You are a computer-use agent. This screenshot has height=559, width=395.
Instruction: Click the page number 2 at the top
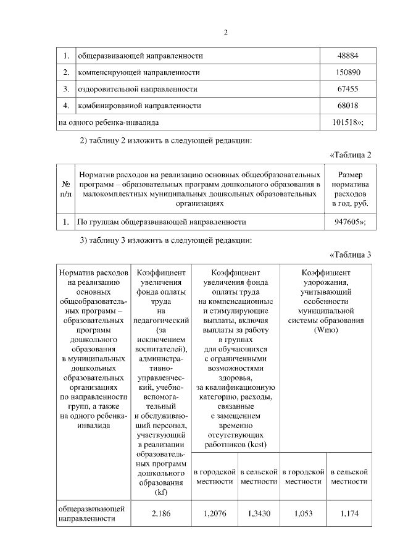point(226,33)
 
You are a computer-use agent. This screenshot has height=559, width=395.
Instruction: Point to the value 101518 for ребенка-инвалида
point(347,122)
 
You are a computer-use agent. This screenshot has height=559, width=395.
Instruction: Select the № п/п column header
point(65,188)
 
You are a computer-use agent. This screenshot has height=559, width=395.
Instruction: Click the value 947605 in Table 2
point(347,221)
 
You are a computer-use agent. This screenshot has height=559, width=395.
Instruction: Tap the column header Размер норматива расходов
point(350,188)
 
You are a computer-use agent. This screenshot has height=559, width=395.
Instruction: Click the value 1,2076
point(214,513)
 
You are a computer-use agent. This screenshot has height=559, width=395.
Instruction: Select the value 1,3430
point(257,513)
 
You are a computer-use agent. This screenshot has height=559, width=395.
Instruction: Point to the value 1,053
point(303,513)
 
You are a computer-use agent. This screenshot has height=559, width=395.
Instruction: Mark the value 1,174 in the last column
point(349,513)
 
